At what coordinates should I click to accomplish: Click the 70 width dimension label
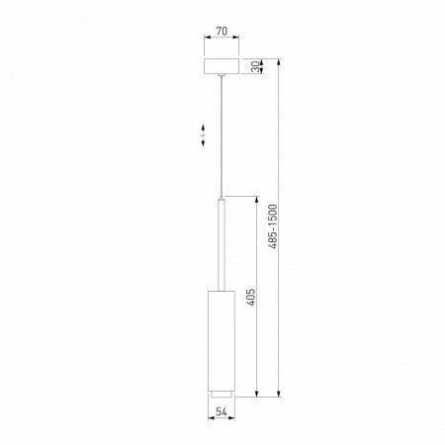point(222,32)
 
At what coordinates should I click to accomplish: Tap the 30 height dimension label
point(255,67)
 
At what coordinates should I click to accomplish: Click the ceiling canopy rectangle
point(222,66)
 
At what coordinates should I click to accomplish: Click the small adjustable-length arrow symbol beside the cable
point(203,135)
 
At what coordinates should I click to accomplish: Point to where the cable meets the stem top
point(222,196)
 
